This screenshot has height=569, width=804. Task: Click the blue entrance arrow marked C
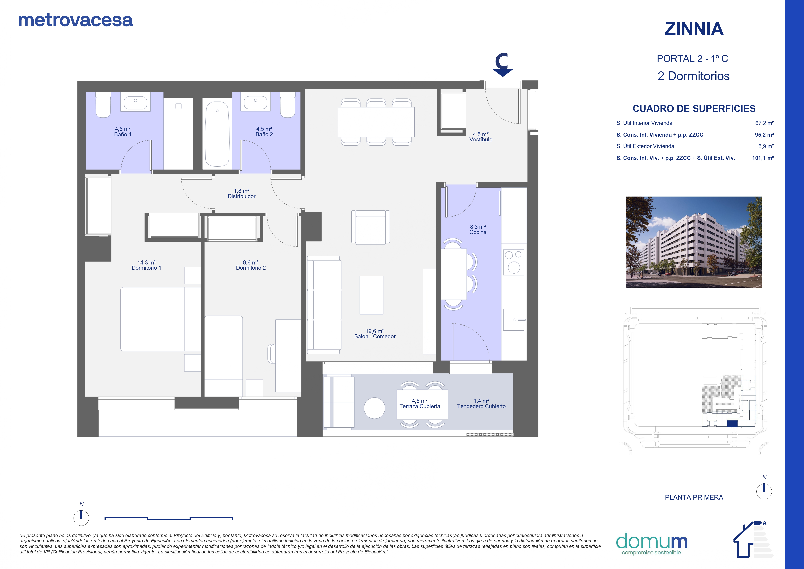[x=503, y=65]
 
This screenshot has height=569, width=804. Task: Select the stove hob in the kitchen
[x=514, y=262]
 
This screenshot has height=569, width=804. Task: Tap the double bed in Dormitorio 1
[x=161, y=319]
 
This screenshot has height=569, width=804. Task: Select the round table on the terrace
[x=374, y=408]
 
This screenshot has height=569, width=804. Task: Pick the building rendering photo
[x=694, y=242]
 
